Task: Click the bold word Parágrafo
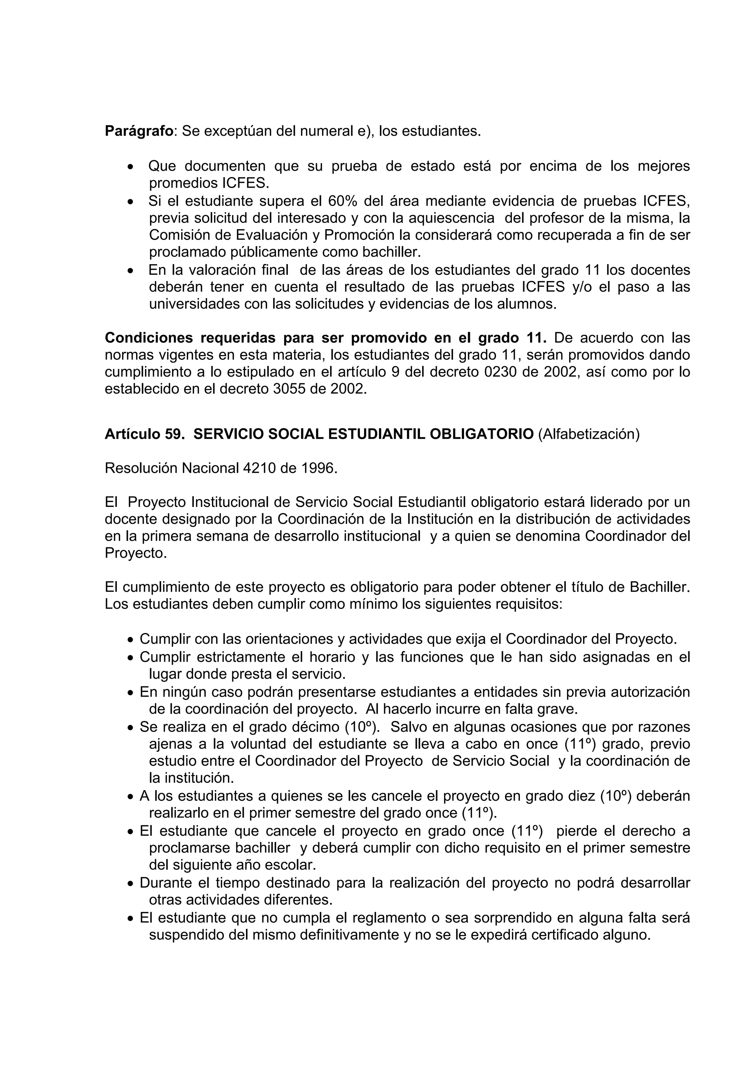pos(139,131)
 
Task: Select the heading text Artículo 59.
pos(145,434)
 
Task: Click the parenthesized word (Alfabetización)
pos(589,434)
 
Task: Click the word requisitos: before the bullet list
pos(529,604)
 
